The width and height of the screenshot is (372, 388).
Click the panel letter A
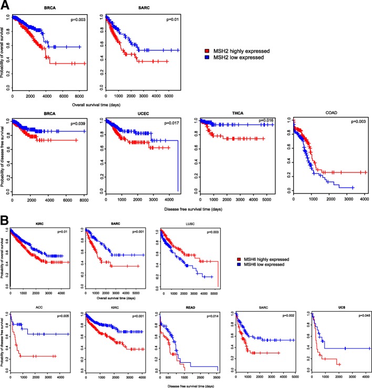(x=4, y=5)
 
